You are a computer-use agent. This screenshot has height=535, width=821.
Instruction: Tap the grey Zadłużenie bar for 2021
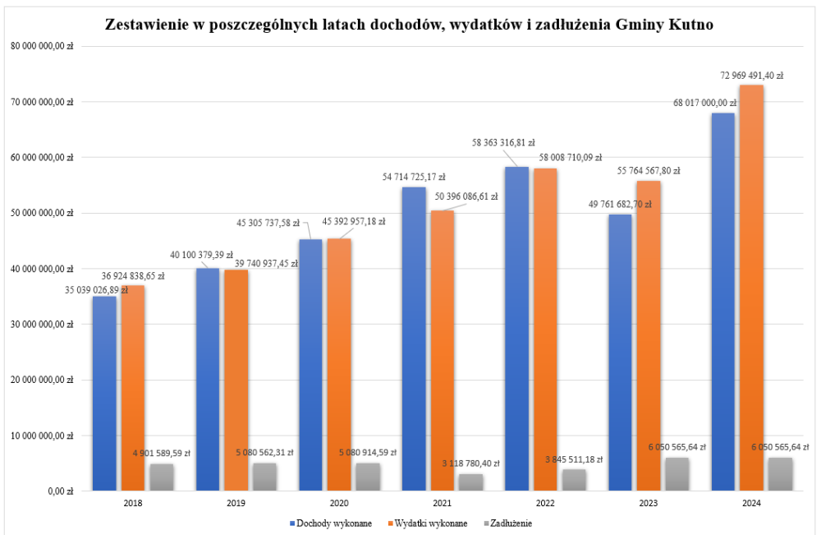[x=471, y=482]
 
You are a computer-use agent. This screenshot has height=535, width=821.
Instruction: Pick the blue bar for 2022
[x=516, y=329]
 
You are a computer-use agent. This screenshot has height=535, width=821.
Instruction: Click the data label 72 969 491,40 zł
[x=751, y=75]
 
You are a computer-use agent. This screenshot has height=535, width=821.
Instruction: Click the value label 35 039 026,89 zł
[x=97, y=290]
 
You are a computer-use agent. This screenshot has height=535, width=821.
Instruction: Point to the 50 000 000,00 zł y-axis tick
[x=42, y=213]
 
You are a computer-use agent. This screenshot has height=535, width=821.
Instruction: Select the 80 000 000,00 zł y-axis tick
[x=42, y=46]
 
